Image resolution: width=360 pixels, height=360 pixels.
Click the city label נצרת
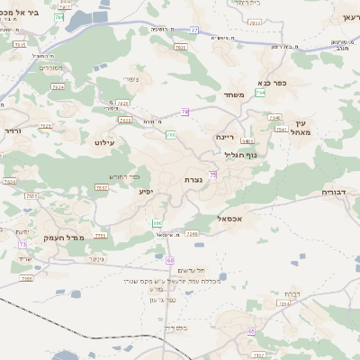pos(193,179)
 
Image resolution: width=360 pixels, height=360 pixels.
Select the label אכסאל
pos(232,218)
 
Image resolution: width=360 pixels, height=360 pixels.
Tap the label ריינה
pos(225,137)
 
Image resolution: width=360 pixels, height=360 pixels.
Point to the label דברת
pos(292,293)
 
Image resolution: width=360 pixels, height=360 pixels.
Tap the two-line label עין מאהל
pos(301,128)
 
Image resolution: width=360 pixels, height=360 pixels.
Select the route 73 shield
pos(22,243)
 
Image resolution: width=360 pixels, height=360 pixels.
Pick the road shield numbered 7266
pos(28,279)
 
